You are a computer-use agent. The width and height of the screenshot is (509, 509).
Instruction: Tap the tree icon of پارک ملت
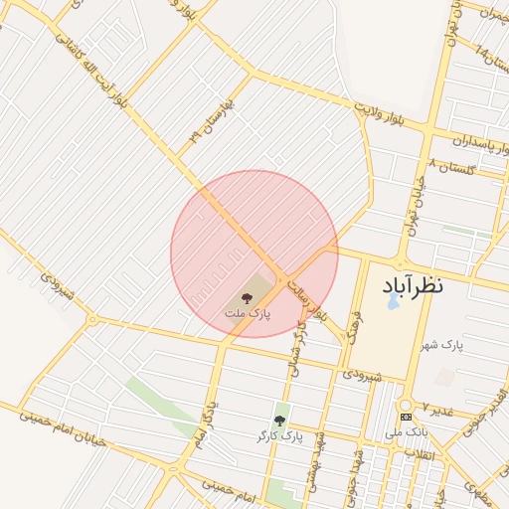246,296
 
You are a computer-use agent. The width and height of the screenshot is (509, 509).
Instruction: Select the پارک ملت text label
246,314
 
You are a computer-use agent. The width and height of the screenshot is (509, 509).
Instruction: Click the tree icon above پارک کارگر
279,421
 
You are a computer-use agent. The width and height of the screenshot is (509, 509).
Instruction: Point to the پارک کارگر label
278,436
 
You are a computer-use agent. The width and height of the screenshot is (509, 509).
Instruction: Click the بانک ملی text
407,431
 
